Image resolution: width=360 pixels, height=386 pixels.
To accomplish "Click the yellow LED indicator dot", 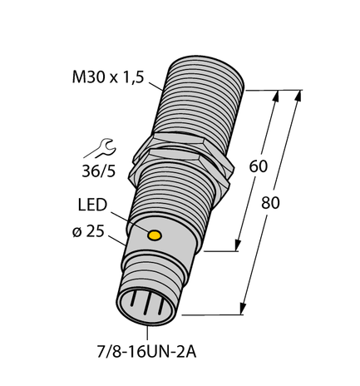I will tap(154, 236).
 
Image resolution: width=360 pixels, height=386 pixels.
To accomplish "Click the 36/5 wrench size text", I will tap(97, 173).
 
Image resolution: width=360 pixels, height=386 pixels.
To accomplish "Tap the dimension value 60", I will tap(259, 166).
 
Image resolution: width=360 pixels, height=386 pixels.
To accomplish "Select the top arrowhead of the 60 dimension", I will tap(274, 96).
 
